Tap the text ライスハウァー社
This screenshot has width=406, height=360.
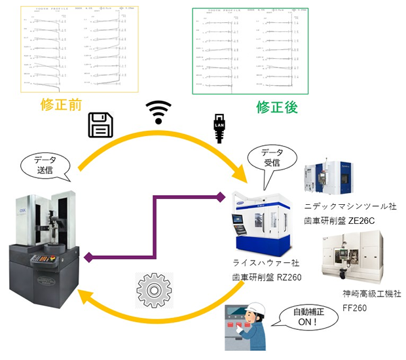tap(266, 262)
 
